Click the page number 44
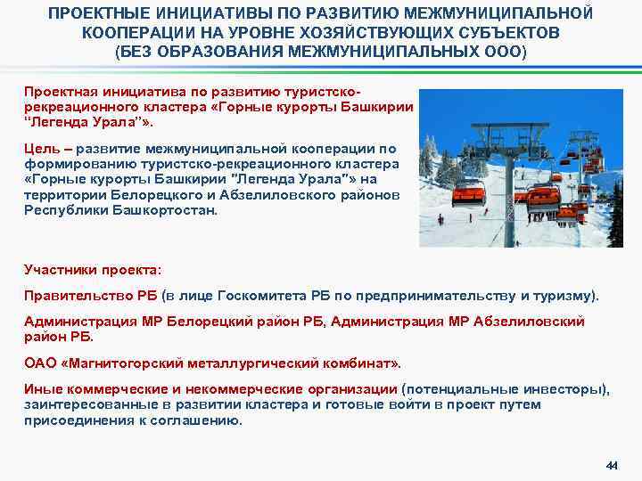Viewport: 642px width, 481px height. click(611, 465)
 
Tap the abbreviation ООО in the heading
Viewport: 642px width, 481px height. click(505, 51)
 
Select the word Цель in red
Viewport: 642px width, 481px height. click(41, 148)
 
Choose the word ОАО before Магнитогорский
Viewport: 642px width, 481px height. click(39, 363)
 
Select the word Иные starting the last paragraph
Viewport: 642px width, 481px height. click(41, 388)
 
